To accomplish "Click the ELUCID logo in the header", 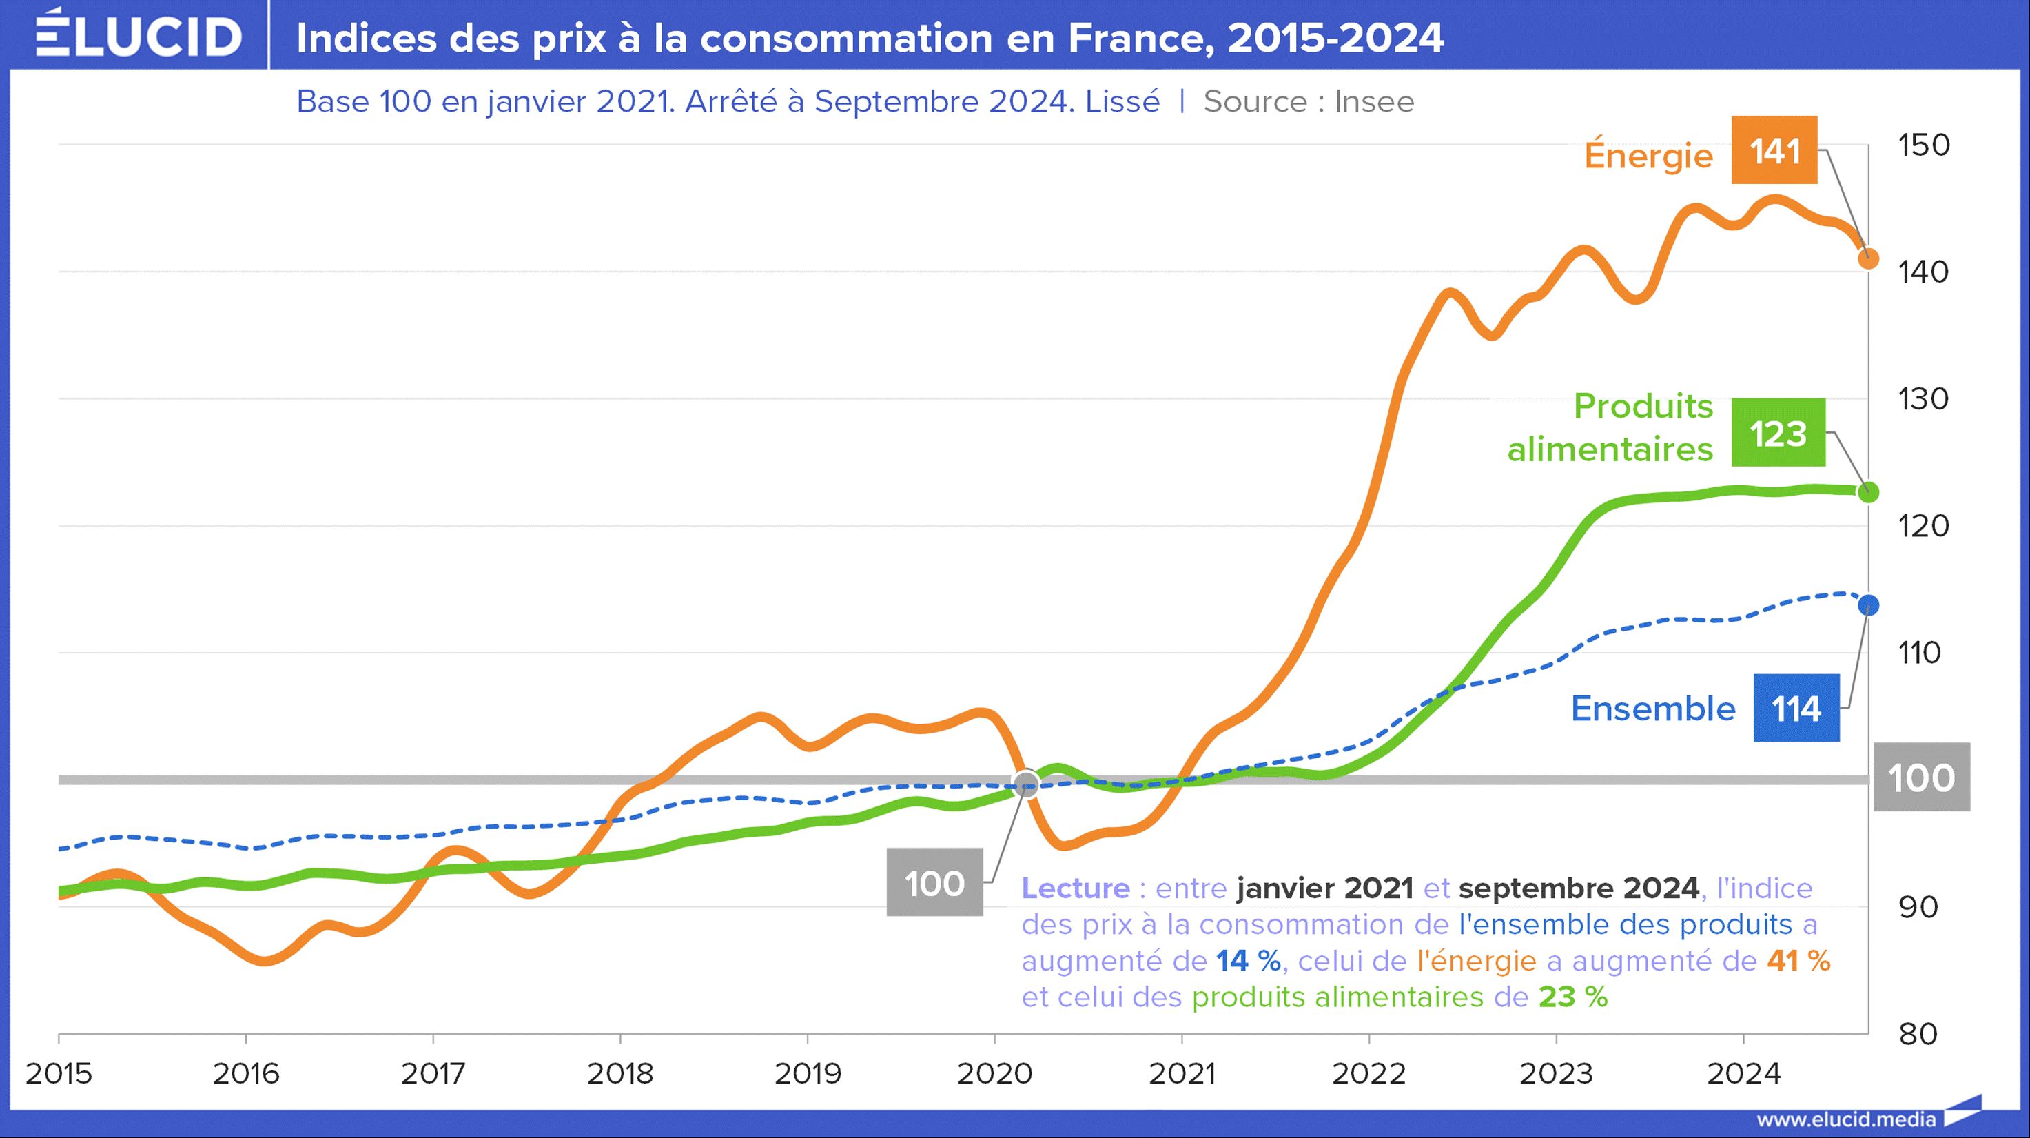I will [139, 35].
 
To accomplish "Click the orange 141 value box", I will [1774, 150].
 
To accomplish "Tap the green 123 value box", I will [1778, 433].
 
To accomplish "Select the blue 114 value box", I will [1796, 708].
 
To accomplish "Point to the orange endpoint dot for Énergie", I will [1867, 258].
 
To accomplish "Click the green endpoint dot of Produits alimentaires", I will [1867, 493].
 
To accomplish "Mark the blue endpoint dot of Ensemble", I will [1867, 605].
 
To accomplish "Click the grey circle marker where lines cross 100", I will [1025, 783].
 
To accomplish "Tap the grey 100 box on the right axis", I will [1921, 777].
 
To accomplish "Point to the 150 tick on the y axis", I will [1924, 145].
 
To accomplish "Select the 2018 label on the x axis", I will [620, 1073].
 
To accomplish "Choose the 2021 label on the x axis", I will [1181, 1073].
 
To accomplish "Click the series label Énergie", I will [1648, 155].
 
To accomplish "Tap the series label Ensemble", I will [1652, 709].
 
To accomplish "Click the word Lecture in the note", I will [1076, 888].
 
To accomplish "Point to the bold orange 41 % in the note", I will [1798, 961].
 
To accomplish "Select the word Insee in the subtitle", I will [1373, 101].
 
